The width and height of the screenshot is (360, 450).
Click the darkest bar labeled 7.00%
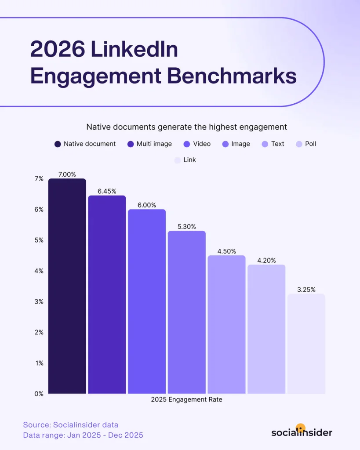tap(67, 286)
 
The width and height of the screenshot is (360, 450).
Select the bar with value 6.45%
tap(107, 294)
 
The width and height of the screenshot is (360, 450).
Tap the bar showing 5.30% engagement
tap(186, 312)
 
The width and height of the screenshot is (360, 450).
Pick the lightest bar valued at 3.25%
tap(306, 343)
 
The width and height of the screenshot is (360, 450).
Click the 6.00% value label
tap(147, 205)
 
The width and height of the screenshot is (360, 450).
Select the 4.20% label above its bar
tap(266, 260)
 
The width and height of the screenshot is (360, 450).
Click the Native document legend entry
tap(85, 144)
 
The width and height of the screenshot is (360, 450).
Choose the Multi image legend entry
tap(149, 144)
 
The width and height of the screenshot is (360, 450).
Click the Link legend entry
tap(185, 160)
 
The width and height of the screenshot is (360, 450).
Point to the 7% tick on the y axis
tap(39, 178)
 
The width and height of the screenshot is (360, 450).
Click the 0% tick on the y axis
tap(39, 394)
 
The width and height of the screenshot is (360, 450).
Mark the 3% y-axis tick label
tap(39, 301)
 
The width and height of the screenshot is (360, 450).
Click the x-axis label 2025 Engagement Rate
tap(186, 399)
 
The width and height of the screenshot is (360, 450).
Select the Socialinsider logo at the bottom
tap(302, 431)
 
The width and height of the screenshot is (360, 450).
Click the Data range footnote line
tap(83, 435)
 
